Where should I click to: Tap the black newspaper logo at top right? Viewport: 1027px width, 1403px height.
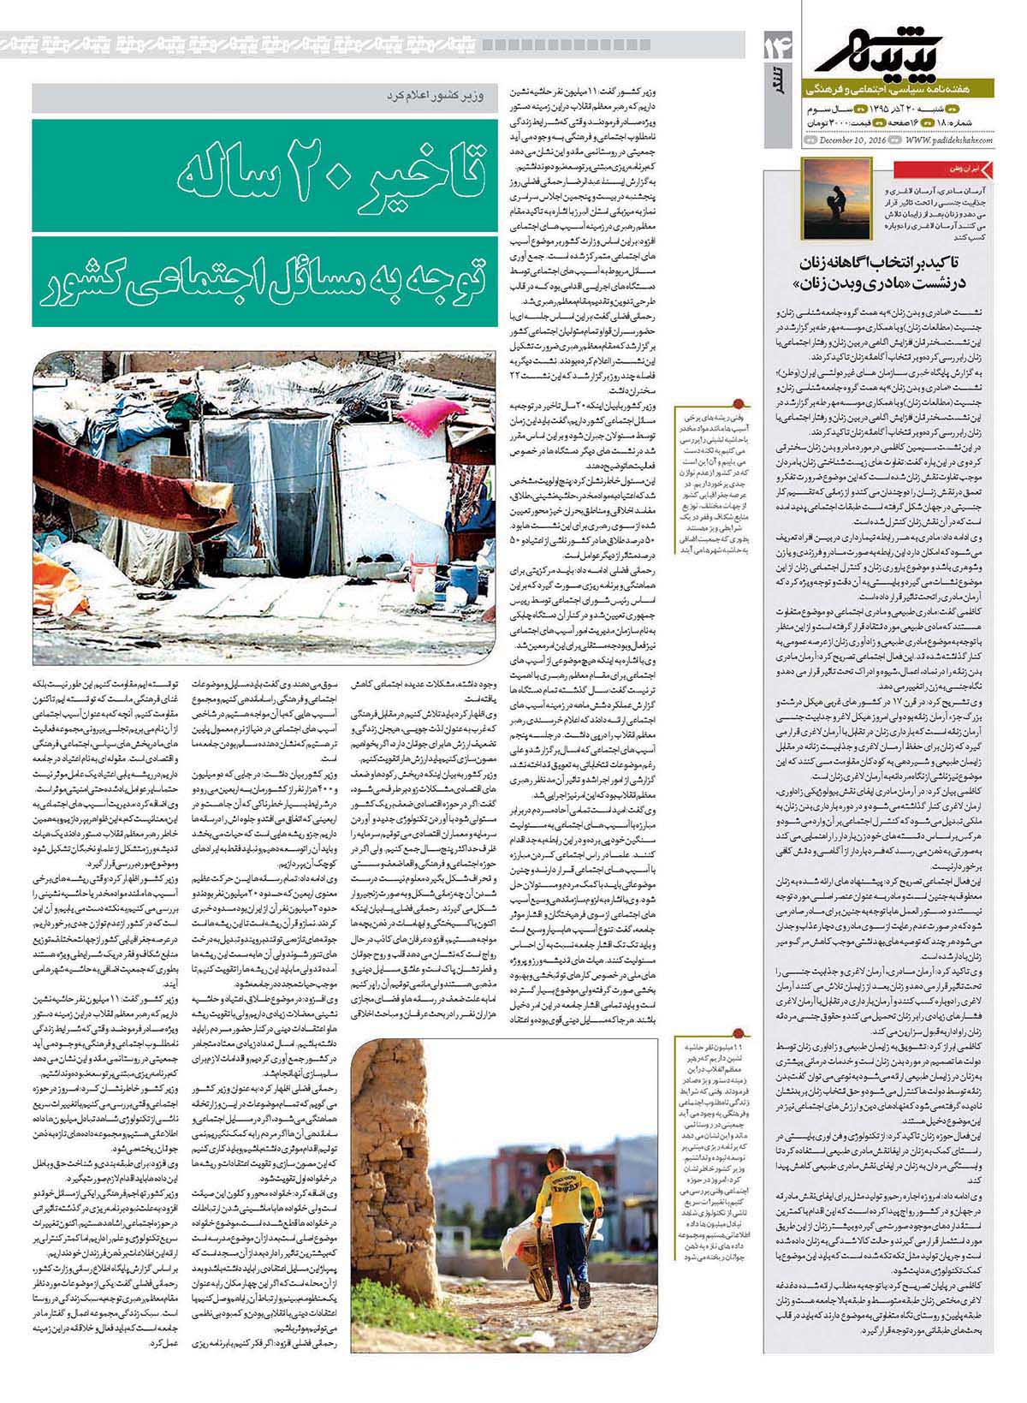pos(899,45)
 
